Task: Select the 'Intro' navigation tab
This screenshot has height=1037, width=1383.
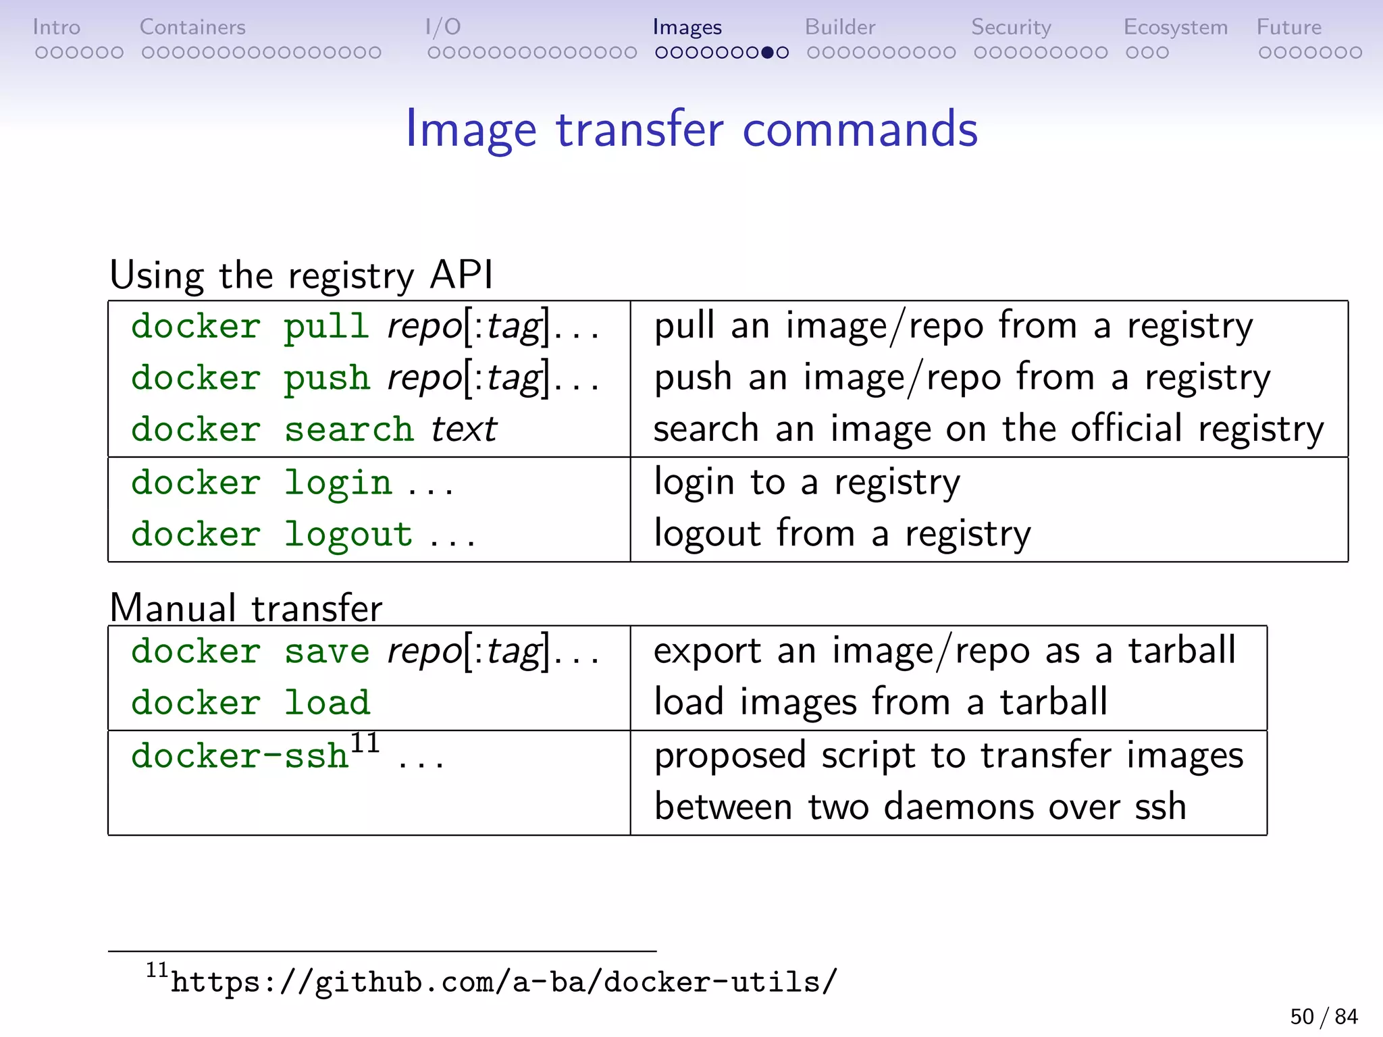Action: point(56,27)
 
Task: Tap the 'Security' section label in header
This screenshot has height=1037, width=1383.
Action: point(1011,27)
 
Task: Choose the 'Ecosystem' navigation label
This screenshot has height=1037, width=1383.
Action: point(1175,27)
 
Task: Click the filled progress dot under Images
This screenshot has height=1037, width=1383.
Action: point(767,53)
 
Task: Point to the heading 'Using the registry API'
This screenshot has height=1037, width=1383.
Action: point(301,275)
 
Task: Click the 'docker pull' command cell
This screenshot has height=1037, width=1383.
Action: point(365,327)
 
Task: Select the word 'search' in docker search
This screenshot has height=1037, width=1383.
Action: point(348,429)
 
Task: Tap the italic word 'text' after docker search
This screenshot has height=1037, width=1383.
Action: point(464,429)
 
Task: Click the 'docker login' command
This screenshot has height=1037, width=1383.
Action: point(262,483)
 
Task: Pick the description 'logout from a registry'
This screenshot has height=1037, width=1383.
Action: point(842,534)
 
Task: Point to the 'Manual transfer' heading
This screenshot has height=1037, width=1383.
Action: point(246,607)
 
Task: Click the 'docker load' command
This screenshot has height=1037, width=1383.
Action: point(251,702)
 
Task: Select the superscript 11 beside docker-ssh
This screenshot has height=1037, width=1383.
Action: point(365,743)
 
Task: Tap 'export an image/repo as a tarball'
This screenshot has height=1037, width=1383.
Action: point(944,652)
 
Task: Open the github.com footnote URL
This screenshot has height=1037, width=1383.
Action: point(503,982)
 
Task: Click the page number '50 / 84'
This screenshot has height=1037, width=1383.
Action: point(1324,1016)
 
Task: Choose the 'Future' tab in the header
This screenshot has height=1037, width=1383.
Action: point(1288,27)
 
